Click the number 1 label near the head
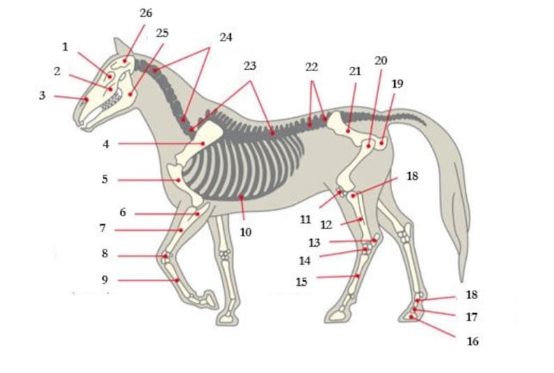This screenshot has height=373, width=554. pos(65,47)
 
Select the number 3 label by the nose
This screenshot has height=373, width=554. pos(43,96)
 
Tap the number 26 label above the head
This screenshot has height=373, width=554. pos(146,13)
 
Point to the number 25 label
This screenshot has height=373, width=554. pos(163,33)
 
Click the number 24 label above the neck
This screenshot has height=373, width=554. pos(225,38)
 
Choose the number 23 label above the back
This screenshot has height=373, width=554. pos(250,66)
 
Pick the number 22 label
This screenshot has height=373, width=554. pos(311,66)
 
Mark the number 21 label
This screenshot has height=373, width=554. pos(355,72)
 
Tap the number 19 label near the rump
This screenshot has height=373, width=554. pos(398,84)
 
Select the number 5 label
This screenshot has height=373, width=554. pos(105,179)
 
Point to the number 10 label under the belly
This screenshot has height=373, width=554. pos(246,232)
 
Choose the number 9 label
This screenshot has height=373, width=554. pos(105,280)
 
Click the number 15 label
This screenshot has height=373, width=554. pos(301,282)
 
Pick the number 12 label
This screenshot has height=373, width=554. pos(327,225)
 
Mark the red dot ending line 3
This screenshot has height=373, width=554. pos(87,100)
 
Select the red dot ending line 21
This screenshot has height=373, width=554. pos(348,130)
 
